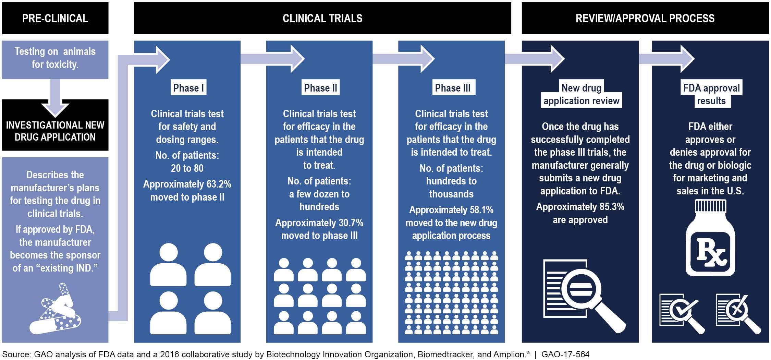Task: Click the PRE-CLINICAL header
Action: [x=55, y=18]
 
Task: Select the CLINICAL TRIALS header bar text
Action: [x=322, y=18]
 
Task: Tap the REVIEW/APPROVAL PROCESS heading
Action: [x=645, y=18]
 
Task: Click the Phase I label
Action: [x=188, y=88]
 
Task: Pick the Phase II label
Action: [x=320, y=88]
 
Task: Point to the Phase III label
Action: [x=452, y=88]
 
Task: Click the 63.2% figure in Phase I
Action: [x=219, y=184]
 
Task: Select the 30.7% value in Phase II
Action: [x=351, y=223]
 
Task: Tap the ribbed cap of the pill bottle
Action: [x=710, y=207]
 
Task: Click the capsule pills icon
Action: [x=57, y=310]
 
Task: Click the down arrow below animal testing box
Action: [x=55, y=99]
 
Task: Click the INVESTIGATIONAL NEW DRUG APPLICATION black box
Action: [x=55, y=131]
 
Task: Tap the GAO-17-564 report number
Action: [x=565, y=354]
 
